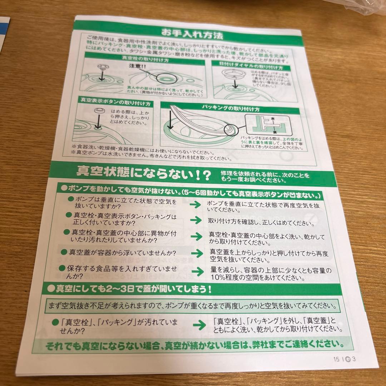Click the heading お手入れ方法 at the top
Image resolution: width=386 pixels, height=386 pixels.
[192, 35]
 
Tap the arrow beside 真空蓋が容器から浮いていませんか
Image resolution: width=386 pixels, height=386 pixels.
[196, 254]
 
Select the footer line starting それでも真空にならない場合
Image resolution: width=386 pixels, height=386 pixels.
[195, 345]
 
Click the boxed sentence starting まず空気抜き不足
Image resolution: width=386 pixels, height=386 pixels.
[193, 306]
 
